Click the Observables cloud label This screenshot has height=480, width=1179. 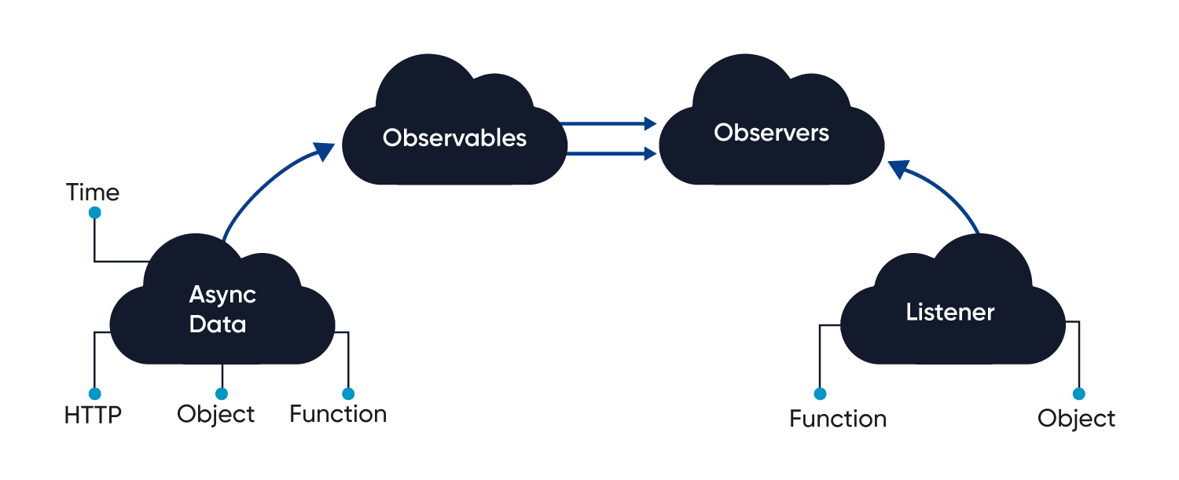pos(454,138)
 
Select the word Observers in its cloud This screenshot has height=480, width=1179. pos(771,133)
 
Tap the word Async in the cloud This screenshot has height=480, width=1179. pos(222,295)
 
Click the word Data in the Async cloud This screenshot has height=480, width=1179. pos(218,324)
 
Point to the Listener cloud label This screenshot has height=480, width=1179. pos(949,312)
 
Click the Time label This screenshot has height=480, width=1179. pos(93,192)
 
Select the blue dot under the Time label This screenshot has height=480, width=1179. pos(94,213)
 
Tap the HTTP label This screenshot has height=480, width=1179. pos(94,414)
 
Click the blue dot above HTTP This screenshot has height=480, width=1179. pos(94,394)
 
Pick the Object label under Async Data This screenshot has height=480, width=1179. pos(216,414)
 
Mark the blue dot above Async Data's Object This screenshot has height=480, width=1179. pos(222,394)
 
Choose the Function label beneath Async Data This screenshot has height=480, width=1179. pos(338,414)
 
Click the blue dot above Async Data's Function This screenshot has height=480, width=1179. pos(348,394)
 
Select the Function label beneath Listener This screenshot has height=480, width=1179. pos(838,419)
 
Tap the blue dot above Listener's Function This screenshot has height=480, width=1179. pos(820,394)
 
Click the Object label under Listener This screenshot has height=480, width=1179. pos(1076,419)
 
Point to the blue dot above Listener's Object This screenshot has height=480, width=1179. pos(1078,394)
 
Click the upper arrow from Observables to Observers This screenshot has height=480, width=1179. pos(610,123)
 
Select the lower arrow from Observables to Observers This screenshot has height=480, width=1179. pos(610,154)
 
